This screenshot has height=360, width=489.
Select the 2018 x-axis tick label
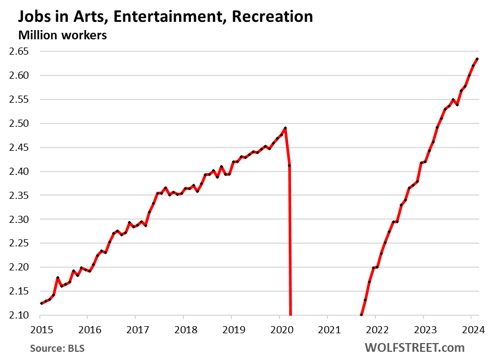[x=183, y=329]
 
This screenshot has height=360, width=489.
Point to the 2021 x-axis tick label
[x=327, y=329]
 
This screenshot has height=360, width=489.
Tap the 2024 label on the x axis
[x=471, y=329]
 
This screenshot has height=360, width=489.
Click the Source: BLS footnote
[x=53, y=348]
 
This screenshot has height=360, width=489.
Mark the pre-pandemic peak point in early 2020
[x=285, y=128]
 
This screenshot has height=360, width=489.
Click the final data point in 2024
[x=477, y=59]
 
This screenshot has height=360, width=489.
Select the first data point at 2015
[x=41, y=304]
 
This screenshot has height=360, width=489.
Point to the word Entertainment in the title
[x=168, y=16]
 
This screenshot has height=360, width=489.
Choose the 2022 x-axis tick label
[x=375, y=329]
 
